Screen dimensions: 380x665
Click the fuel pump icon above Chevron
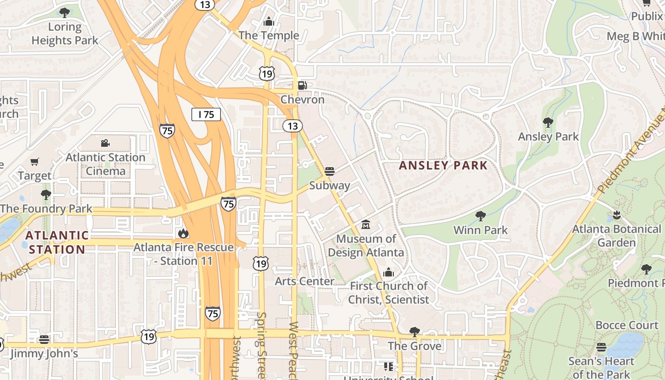click(x=302, y=85)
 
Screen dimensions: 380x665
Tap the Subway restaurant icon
click(x=330, y=171)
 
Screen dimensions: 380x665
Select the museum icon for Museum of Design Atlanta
click(x=366, y=224)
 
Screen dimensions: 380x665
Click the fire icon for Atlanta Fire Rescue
click(x=183, y=233)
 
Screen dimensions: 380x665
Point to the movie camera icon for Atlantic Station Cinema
click(x=105, y=143)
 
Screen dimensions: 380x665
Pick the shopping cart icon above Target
click(x=34, y=162)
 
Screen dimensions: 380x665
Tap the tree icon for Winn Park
click(x=481, y=216)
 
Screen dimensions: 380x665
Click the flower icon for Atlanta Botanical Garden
click(x=617, y=215)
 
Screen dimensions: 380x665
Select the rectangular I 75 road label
click(x=206, y=114)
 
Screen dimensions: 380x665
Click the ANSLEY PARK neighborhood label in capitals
click(x=443, y=165)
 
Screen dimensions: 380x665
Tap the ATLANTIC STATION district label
click(x=57, y=242)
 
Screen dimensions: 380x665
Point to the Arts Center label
click(x=304, y=281)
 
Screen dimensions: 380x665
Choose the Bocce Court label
click(x=627, y=325)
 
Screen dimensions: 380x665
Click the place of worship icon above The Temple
click(x=269, y=21)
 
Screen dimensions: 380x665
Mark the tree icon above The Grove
click(x=415, y=332)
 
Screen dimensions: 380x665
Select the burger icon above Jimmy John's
click(x=44, y=340)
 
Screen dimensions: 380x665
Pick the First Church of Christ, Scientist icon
click(x=389, y=272)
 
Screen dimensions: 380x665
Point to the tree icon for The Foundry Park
click(x=46, y=195)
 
